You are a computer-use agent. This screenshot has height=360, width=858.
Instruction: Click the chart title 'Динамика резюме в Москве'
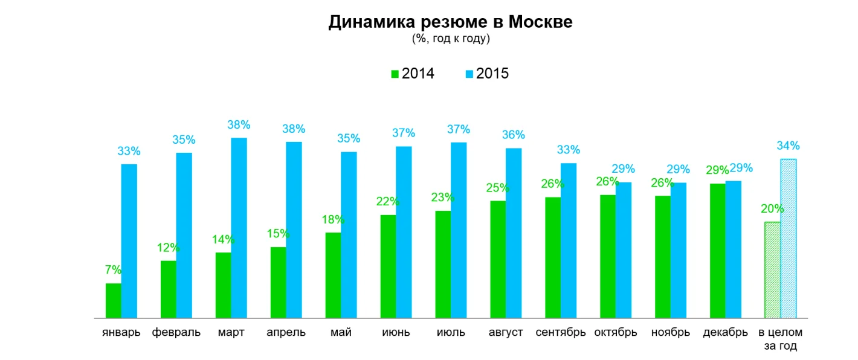450,22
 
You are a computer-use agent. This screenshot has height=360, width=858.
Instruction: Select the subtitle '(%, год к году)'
450,39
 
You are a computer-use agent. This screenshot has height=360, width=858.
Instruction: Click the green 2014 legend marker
395,74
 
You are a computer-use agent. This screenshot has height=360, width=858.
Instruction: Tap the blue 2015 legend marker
469,74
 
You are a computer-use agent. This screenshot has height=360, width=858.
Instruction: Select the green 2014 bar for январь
113,301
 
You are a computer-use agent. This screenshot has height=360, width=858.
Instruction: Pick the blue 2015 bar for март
239,228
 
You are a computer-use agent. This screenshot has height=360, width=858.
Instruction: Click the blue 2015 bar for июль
459,230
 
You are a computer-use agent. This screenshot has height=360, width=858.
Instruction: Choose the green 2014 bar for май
333,275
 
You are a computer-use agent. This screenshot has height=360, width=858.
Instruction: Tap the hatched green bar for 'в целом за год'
772,270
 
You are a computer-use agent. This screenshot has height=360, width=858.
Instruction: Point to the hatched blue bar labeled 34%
789,239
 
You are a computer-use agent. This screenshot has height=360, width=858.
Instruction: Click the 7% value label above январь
113,270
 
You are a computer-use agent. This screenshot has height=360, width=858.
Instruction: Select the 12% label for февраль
169,247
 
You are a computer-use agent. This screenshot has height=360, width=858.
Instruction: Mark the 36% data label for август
514,135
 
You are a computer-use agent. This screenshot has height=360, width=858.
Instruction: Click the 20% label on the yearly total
772,209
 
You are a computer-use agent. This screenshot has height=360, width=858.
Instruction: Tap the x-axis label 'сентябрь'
561,333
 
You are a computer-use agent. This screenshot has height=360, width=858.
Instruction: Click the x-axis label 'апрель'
286,333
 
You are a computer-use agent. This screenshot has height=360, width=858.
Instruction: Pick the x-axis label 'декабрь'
726,333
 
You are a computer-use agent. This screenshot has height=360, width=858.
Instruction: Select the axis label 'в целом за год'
781,339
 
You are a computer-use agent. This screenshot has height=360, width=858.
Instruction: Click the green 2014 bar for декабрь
717,251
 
